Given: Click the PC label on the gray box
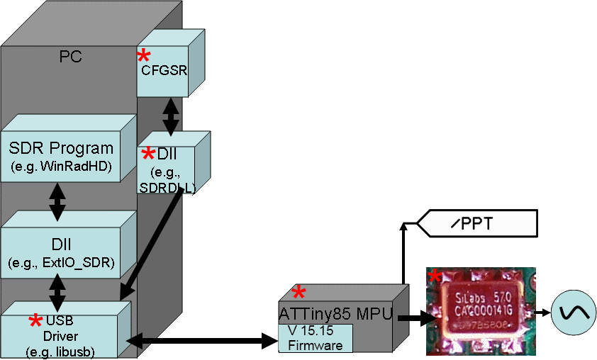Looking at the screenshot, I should click(x=70, y=57).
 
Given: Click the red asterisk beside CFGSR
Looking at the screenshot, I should click(x=144, y=57).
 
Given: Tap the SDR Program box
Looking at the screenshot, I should click(x=61, y=156).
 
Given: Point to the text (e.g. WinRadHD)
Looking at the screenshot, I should click(x=61, y=167).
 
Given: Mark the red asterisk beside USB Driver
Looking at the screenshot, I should click(x=35, y=322).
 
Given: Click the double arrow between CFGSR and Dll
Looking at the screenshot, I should click(x=170, y=116).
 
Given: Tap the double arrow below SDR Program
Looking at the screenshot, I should click(x=57, y=201).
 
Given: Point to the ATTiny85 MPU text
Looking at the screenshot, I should click(x=335, y=314).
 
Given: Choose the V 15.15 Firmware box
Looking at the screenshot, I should click(x=315, y=338).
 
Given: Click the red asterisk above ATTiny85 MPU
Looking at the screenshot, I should click(x=299, y=292).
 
